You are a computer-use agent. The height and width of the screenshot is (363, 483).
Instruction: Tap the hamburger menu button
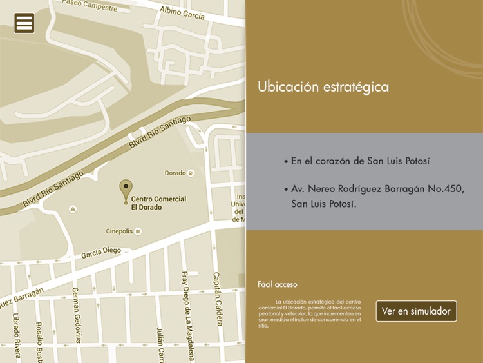[24, 23]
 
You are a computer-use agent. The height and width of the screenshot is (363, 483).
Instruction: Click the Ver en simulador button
[416, 311]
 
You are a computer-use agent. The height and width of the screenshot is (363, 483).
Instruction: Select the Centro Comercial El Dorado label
[158, 203]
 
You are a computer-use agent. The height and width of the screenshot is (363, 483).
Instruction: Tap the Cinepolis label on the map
[120, 231]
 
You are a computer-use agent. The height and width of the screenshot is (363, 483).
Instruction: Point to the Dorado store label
[175, 173]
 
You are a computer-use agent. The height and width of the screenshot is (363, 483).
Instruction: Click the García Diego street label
[101, 254]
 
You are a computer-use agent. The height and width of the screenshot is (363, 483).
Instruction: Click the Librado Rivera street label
[16, 334]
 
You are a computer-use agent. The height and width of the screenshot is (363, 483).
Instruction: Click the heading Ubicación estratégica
[323, 86]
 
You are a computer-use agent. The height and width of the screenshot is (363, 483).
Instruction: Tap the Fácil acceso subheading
[278, 284]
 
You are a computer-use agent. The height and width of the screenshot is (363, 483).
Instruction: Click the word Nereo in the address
[327, 190]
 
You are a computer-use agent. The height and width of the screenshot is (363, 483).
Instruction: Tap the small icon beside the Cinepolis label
[138, 231]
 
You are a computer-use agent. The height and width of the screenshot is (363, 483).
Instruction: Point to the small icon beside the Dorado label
[191, 173]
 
